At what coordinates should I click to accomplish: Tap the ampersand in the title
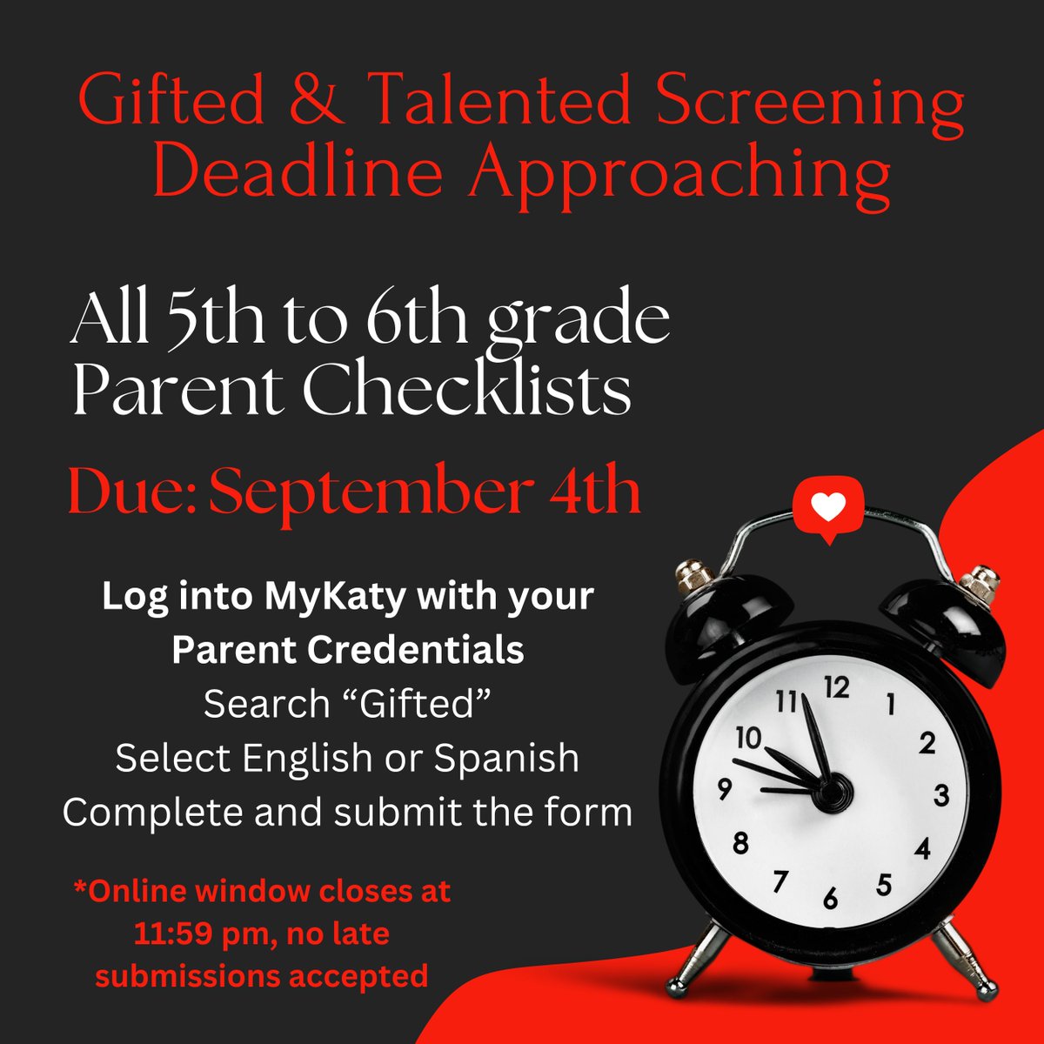pyautogui.click(x=318, y=103)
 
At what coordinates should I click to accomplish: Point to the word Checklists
pyautogui.click(x=466, y=393)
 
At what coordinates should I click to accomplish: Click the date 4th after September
pyautogui.click(x=595, y=492)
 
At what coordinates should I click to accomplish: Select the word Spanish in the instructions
pyautogui.click(x=506, y=758)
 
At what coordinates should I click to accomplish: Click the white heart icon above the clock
pyautogui.click(x=827, y=507)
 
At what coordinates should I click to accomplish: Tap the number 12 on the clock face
pyautogui.click(x=836, y=688)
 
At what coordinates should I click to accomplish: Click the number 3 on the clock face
pyautogui.click(x=940, y=795)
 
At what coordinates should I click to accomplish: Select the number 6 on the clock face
pyautogui.click(x=831, y=898)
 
